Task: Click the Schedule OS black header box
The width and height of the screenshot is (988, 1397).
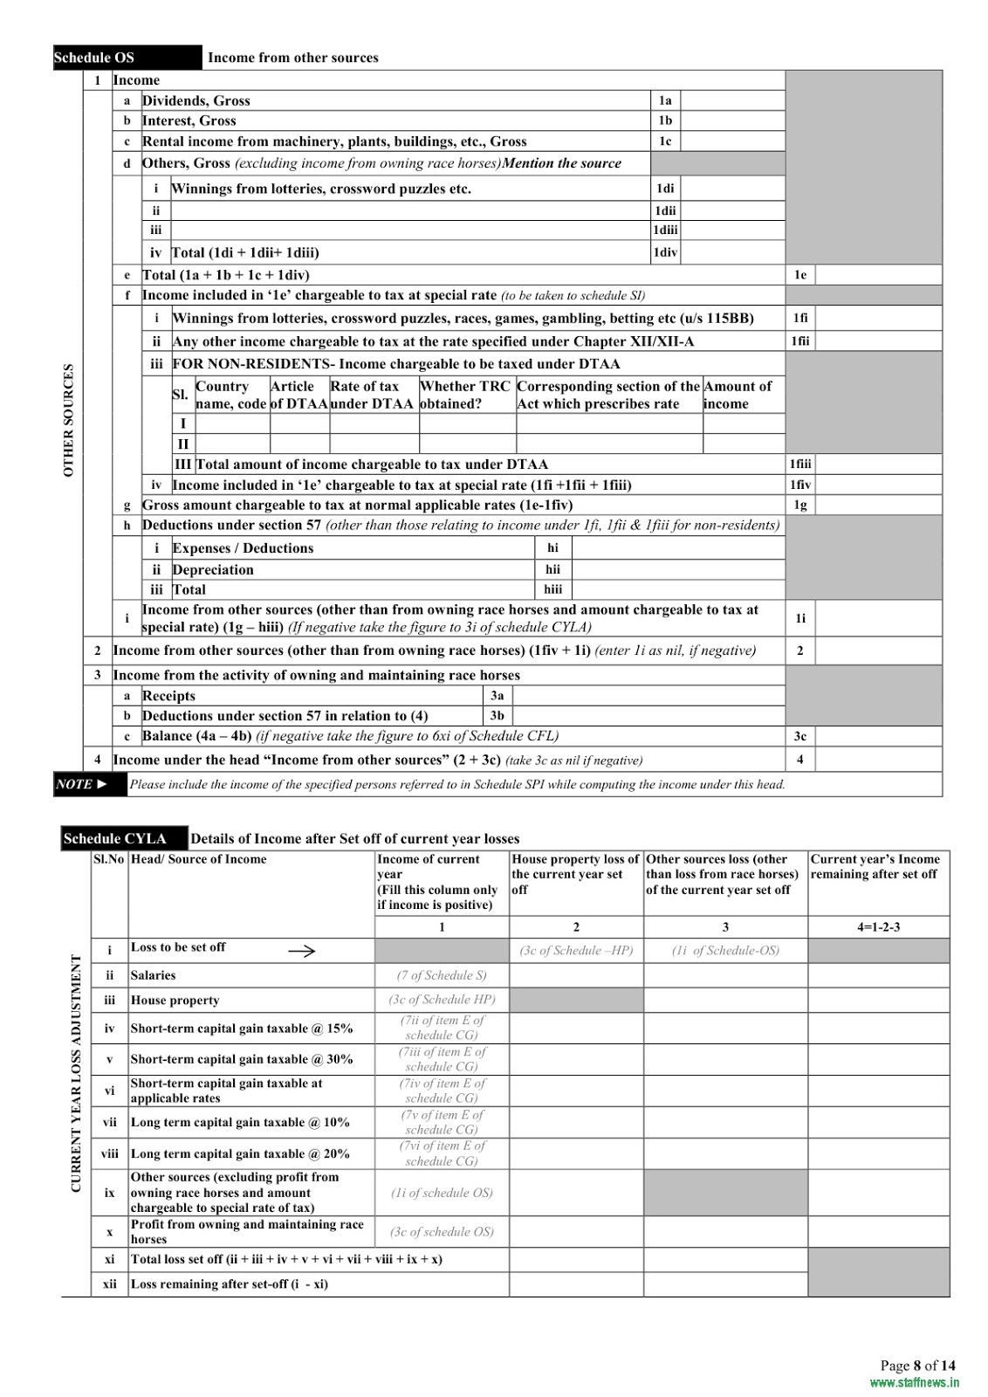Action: (x=127, y=58)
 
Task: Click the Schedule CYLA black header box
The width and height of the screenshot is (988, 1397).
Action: (x=123, y=838)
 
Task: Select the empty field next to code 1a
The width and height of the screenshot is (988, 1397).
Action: (x=731, y=100)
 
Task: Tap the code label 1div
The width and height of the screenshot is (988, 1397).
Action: (x=665, y=252)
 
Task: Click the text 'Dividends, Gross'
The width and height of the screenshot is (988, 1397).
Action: (x=196, y=100)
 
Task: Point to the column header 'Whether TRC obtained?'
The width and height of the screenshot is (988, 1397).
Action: (x=466, y=395)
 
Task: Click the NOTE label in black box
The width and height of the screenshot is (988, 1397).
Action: (x=90, y=784)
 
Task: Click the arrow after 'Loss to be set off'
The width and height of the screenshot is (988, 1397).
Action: (x=301, y=951)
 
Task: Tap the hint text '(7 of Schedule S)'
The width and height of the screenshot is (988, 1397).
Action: (x=442, y=975)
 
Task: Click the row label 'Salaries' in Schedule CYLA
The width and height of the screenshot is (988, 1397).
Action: (x=154, y=975)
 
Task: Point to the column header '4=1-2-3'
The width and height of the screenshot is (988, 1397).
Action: (x=877, y=926)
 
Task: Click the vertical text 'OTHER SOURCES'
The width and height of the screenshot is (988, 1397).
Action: (x=69, y=420)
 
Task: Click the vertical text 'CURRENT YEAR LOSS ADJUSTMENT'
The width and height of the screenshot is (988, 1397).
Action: (x=76, y=1073)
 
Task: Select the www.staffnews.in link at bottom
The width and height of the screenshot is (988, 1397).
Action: (x=914, y=1382)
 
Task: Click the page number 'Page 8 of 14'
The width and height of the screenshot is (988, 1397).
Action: (x=917, y=1366)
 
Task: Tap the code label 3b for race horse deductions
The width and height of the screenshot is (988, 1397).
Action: (x=497, y=716)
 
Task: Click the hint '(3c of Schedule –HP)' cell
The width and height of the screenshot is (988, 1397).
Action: (x=576, y=951)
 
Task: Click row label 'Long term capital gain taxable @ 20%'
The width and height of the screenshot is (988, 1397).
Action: (x=240, y=1153)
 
